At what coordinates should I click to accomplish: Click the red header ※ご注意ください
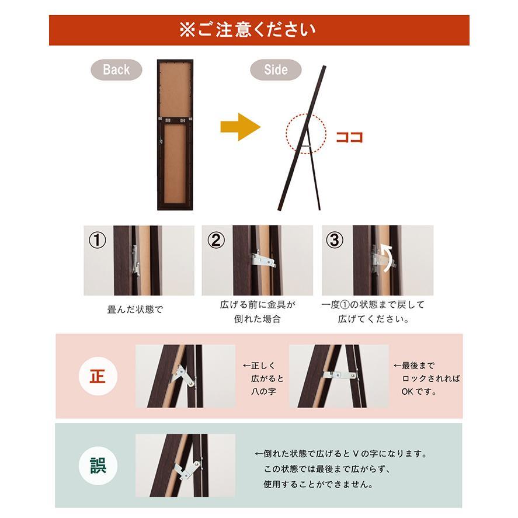click(x=259, y=30)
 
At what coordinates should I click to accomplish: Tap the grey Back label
click(x=116, y=69)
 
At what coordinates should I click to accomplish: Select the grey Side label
click(x=276, y=69)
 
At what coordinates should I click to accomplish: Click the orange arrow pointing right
click(x=240, y=127)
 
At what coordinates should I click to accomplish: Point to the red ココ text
click(x=349, y=138)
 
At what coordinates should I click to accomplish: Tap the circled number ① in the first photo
click(x=98, y=240)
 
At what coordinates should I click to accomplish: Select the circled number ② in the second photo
click(x=217, y=240)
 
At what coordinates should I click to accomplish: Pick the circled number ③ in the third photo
click(x=334, y=240)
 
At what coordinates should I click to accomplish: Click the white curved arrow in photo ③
click(x=386, y=255)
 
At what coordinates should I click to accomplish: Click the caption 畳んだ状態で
click(x=135, y=310)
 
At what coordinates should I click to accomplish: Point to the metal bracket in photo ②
click(x=263, y=259)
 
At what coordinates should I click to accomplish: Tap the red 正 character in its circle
click(x=98, y=376)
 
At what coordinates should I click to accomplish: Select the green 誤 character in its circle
click(x=98, y=466)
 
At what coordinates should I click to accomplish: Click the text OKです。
click(x=419, y=391)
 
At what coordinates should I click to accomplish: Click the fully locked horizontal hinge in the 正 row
click(x=339, y=374)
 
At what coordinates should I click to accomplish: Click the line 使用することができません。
click(x=318, y=484)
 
